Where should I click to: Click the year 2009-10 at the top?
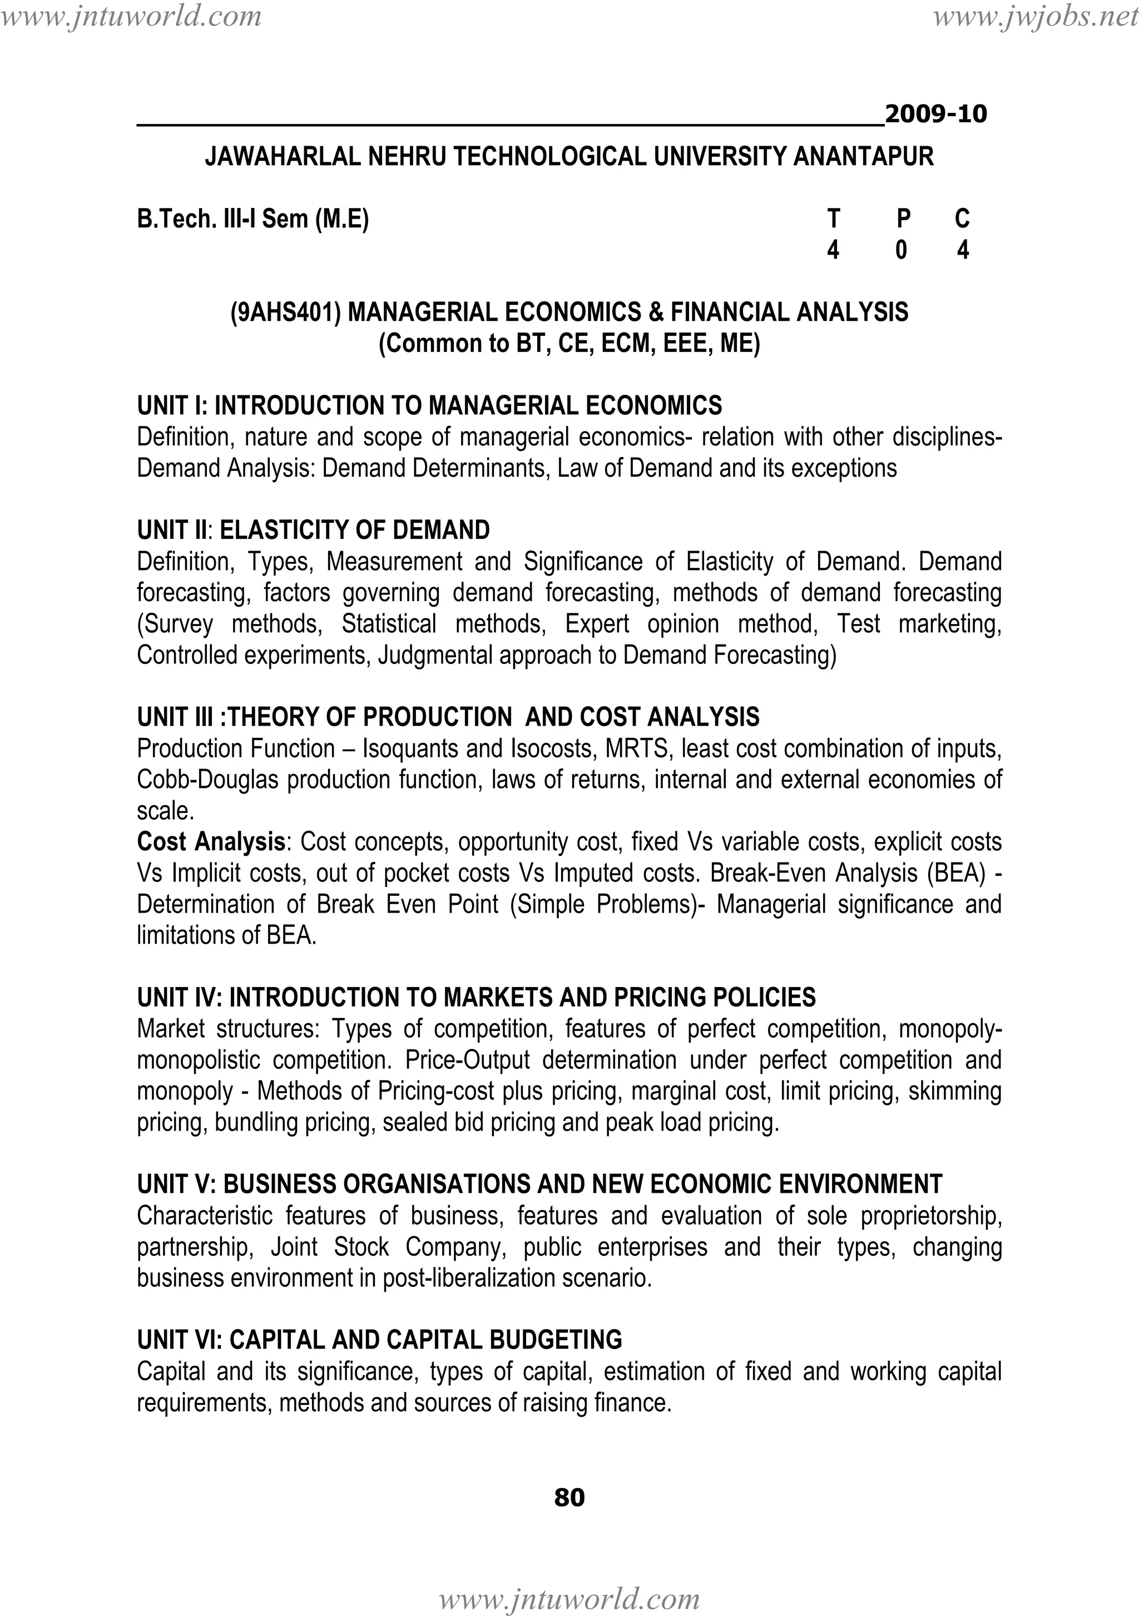[x=935, y=114]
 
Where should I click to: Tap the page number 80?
[x=569, y=1497]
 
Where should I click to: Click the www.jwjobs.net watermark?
[x=1035, y=16]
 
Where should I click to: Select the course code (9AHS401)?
[x=286, y=312]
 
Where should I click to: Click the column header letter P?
[x=903, y=219]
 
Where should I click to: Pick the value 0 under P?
[x=901, y=250]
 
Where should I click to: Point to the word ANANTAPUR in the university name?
[x=863, y=156]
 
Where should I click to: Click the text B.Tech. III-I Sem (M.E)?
[x=252, y=219]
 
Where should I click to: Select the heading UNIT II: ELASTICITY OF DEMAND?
[x=313, y=530]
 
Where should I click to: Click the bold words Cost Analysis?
[x=210, y=842]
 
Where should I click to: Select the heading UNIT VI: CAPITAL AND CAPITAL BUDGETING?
[x=379, y=1340]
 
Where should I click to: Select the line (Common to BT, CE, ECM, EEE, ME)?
[x=569, y=344]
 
